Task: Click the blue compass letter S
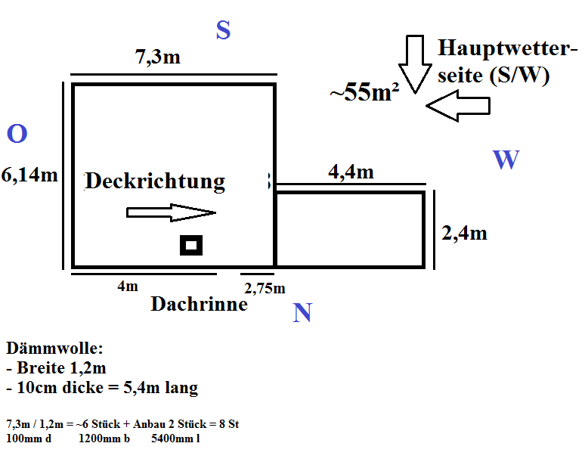click(223, 30)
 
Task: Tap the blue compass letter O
click(17, 135)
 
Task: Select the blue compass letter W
click(506, 160)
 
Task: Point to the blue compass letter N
click(302, 313)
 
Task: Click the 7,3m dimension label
click(158, 57)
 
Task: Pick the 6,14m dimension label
click(30, 175)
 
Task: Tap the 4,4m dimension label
click(351, 172)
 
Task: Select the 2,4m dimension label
click(464, 233)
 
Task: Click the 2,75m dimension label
click(265, 288)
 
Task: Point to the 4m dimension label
click(128, 286)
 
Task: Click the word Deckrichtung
click(155, 181)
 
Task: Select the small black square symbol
click(191, 245)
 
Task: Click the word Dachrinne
click(199, 304)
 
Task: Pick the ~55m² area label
click(364, 93)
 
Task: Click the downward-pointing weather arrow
click(413, 63)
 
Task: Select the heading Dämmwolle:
click(54, 349)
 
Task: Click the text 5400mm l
click(175, 438)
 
